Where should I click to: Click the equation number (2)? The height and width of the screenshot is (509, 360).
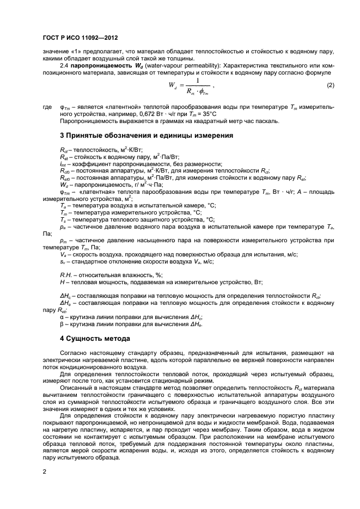331,85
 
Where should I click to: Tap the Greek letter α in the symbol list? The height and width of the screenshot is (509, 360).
62,316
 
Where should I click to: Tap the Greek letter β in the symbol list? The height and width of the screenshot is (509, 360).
62,323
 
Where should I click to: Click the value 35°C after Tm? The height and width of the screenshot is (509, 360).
208,114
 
